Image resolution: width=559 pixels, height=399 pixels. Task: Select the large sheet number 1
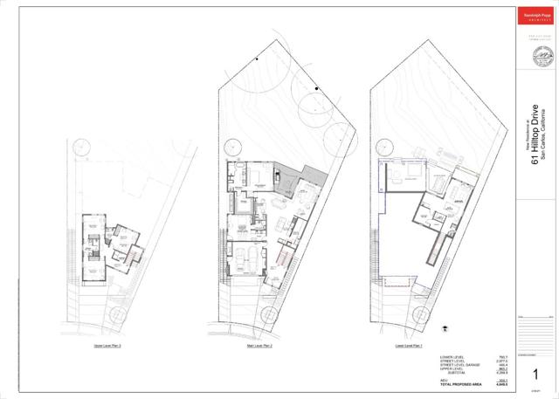tap(534, 374)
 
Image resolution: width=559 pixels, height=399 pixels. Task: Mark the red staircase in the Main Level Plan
tap(281, 259)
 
